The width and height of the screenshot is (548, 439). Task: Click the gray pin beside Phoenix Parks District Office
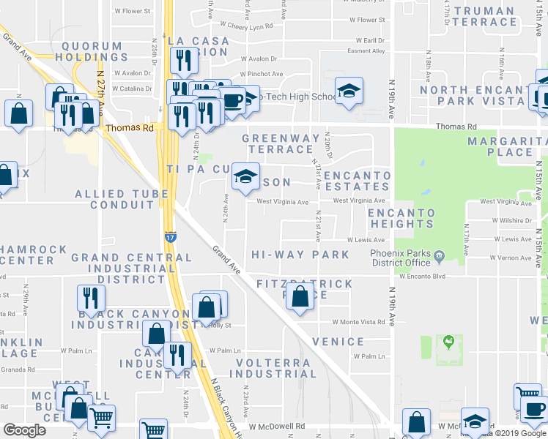pyautogui.click(x=439, y=256)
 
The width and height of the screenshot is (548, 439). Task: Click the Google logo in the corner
pyautogui.click(x=24, y=430)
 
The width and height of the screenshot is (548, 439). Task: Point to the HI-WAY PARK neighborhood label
pyautogui.click(x=300, y=255)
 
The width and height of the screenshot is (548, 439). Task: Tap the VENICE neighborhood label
pyautogui.click(x=338, y=342)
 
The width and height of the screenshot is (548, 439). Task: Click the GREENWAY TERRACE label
pyautogui.click(x=281, y=143)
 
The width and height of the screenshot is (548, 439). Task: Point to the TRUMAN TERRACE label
pyautogui.click(x=484, y=16)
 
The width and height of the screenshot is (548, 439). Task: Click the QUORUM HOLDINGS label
pyautogui.click(x=92, y=52)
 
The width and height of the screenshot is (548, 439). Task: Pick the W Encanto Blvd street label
pyautogui.click(x=422, y=277)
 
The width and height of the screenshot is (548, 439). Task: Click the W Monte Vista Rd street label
pyautogui.click(x=358, y=322)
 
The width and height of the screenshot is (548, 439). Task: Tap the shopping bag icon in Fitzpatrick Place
pyautogui.click(x=299, y=296)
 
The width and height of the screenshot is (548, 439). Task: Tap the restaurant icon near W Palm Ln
pyautogui.click(x=177, y=354)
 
